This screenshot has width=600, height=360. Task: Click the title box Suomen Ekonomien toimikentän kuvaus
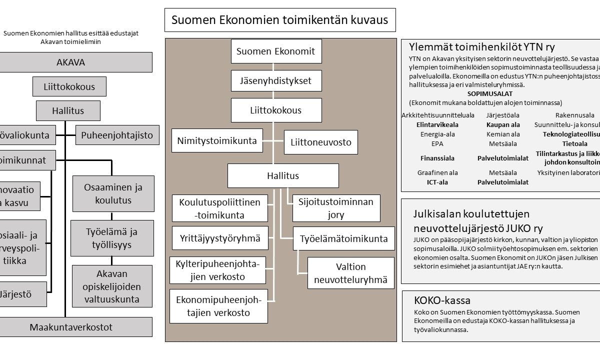tap(280, 20)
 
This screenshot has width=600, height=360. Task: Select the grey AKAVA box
tap(71, 62)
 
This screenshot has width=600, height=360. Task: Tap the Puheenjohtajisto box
tap(117, 135)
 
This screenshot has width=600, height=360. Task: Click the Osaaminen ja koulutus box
tap(112, 193)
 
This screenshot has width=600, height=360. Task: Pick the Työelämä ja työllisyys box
tap(111, 238)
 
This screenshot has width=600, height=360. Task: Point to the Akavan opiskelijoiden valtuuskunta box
tap(112, 286)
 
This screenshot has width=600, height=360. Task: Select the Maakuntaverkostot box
tap(71, 327)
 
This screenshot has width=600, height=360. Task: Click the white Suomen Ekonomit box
tap(275, 51)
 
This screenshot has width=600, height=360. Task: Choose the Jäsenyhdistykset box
tap(275, 80)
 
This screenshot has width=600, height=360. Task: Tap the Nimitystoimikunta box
tap(217, 141)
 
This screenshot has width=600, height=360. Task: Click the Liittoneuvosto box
tap(321, 142)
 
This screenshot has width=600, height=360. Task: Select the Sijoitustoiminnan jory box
tap(336, 208)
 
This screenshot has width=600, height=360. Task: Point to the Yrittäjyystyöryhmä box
tap(220, 238)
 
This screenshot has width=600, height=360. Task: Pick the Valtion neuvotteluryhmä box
tap(350, 273)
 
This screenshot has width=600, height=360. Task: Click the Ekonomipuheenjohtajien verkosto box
tap(218, 306)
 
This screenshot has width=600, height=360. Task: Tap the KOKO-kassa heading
tap(442, 300)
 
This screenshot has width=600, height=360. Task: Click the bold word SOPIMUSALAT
tap(489, 93)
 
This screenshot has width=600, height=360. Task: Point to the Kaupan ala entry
tap(503, 124)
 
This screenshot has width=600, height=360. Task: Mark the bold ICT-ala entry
tap(437, 182)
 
